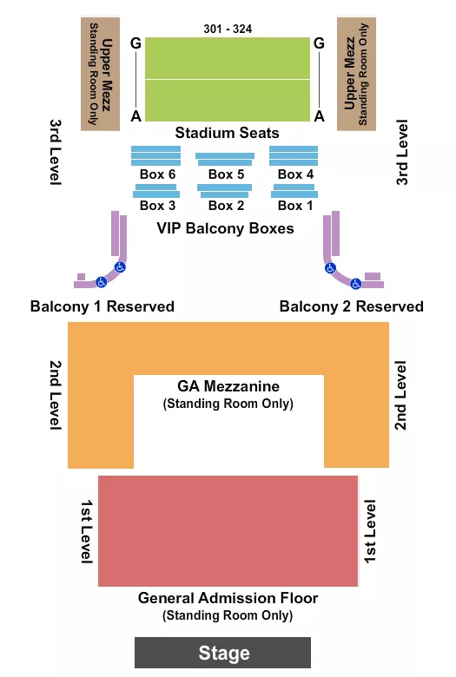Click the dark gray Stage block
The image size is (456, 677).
222,653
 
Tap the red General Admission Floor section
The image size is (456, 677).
228,530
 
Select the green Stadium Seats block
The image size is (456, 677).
227,79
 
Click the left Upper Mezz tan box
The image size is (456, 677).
100,74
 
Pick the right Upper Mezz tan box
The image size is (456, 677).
357,74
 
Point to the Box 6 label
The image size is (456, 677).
157,174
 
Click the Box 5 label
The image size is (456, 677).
226,174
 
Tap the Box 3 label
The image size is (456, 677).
157,206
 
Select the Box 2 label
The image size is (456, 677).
226,206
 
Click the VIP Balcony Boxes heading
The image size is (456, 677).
225,228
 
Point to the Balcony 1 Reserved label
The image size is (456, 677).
102,306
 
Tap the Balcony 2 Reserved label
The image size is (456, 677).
352,306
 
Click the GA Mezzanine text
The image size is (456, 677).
228,386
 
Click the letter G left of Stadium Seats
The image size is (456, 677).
135,42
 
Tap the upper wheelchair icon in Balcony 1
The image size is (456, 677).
121,267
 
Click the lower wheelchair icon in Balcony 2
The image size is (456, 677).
355,282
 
